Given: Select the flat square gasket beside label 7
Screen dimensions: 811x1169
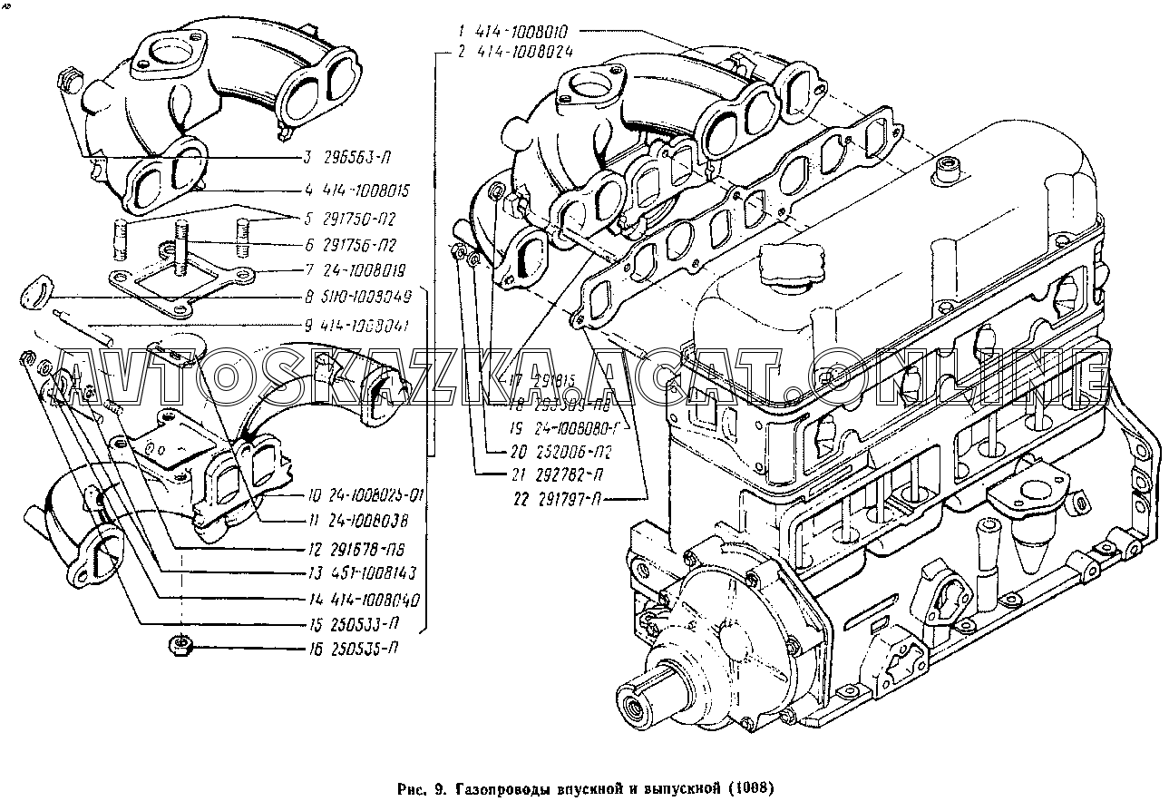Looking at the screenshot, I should click(x=178, y=288).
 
